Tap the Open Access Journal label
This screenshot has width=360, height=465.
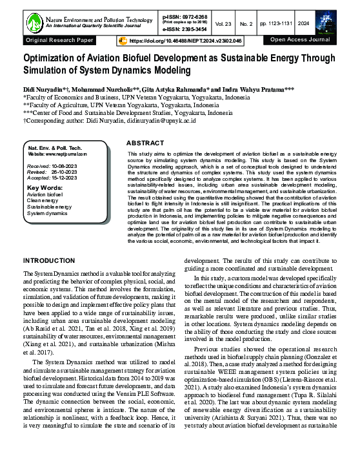click(x=300, y=40)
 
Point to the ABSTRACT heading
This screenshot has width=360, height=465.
click(x=146, y=142)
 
